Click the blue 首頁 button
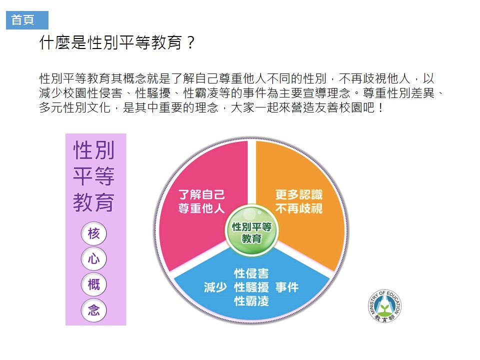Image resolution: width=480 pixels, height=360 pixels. click(27, 20)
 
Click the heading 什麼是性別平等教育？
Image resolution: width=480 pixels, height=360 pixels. click(117, 42)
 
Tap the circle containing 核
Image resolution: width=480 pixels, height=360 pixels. click(94, 233)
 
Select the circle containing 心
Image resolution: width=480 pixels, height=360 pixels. click(94, 259)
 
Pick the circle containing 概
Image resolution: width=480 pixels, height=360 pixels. click(94, 284)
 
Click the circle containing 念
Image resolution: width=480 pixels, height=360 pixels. click(94, 310)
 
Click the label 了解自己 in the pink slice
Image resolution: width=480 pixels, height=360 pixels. click(201, 194)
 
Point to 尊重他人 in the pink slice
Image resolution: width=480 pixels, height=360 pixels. click(201, 208)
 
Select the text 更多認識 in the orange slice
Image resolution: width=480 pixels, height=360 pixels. click(299, 194)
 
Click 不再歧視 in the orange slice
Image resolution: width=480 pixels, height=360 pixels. click(299, 208)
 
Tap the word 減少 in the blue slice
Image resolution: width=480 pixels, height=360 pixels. click(215, 287)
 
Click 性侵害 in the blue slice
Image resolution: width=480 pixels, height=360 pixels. click(251, 273)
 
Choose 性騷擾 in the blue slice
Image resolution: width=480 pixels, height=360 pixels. click(251, 287)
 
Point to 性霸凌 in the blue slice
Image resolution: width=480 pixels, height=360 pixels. click(251, 301)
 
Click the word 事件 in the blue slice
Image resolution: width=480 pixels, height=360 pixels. click(287, 287)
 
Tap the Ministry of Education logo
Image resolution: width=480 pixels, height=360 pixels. click(385, 305)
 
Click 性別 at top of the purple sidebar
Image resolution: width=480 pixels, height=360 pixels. click(94, 150)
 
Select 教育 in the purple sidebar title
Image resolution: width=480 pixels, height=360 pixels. click(94, 202)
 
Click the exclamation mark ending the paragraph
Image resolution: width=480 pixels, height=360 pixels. click(380, 108)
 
